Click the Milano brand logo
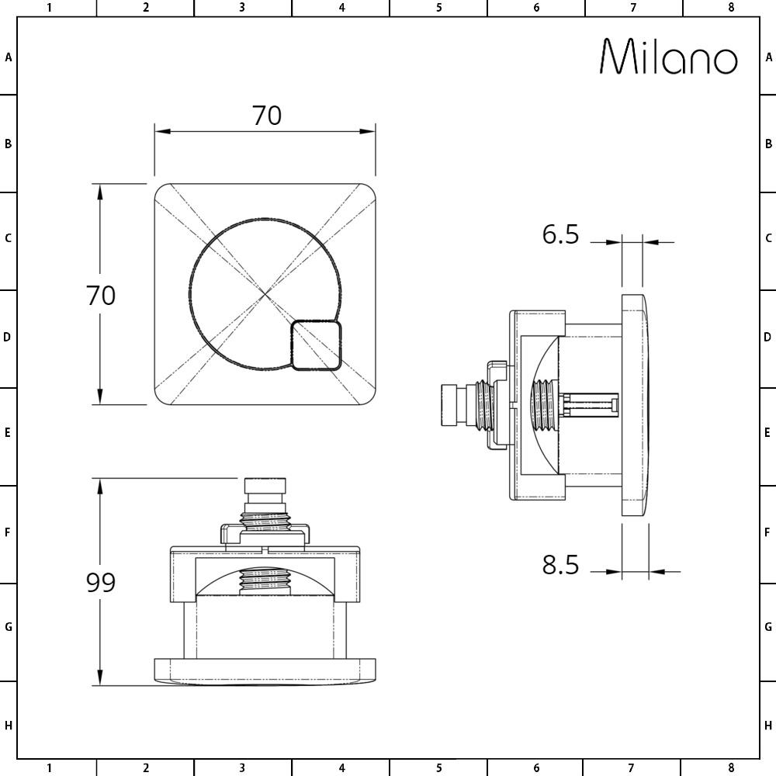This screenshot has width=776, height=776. (669, 57)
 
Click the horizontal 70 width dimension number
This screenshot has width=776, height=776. (267, 116)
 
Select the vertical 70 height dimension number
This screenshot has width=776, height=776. (100, 295)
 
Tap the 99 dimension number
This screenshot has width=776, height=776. (100, 582)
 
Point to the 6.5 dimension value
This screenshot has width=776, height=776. (560, 234)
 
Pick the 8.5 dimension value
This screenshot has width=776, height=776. (560, 564)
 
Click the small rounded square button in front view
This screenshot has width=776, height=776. (317, 345)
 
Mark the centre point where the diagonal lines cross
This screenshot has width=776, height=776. (265, 294)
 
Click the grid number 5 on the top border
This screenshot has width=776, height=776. (438, 8)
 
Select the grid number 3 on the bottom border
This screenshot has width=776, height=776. (241, 767)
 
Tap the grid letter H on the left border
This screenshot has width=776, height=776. (8, 726)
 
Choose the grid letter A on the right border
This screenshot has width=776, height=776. (768, 57)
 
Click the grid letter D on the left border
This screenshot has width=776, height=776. (7, 337)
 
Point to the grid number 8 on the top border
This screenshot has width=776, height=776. (731, 8)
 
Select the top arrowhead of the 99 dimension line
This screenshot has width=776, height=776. (100, 487)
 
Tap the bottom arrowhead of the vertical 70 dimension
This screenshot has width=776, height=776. (100, 396)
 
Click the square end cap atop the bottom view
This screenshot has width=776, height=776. (265, 486)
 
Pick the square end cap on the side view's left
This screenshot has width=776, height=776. (449, 404)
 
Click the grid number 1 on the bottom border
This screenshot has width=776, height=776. (49, 767)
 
